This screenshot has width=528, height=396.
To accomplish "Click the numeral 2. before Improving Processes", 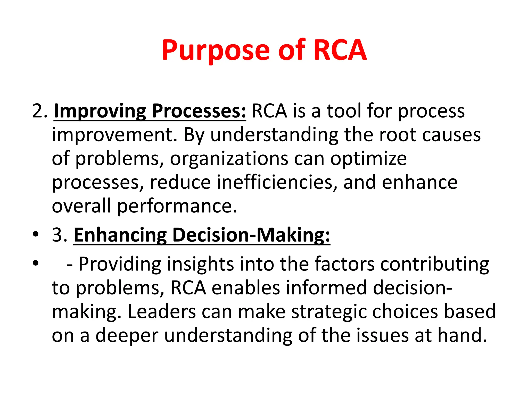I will (x=40, y=111).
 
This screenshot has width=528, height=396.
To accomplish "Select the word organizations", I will (x=229, y=159).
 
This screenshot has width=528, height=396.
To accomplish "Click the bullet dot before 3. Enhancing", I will (x=36, y=234).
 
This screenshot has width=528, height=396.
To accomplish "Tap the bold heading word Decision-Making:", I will (x=251, y=235).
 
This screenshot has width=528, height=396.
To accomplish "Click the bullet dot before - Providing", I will (x=36, y=263).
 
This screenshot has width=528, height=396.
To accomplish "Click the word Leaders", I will (x=162, y=311).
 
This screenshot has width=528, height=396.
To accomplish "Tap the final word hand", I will (x=462, y=335).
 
